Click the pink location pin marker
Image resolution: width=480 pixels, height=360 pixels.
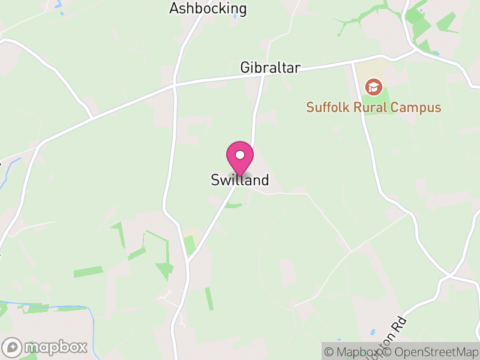[x=240, y=157]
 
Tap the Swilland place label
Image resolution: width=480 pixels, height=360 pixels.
[x=240, y=180]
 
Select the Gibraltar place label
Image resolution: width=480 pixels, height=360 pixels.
[x=270, y=67]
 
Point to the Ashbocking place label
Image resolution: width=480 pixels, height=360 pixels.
[x=208, y=8]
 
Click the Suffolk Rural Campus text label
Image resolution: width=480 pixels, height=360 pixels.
[x=374, y=108]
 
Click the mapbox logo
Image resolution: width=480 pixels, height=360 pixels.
[x=46, y=347]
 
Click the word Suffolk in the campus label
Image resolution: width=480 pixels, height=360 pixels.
[x=327, y=108]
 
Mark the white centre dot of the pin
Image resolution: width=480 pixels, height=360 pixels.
[x=240, y=155]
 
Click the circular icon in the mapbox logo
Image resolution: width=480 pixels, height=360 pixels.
[x=13, y=347]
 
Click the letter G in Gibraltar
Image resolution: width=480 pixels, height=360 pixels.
[x=245, y=67]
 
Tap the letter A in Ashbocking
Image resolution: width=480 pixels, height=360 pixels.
[x=174, y=8]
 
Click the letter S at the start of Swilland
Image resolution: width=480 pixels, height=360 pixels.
[x=215, y=180]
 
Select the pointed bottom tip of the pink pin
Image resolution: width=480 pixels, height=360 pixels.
[x=240, y=176]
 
